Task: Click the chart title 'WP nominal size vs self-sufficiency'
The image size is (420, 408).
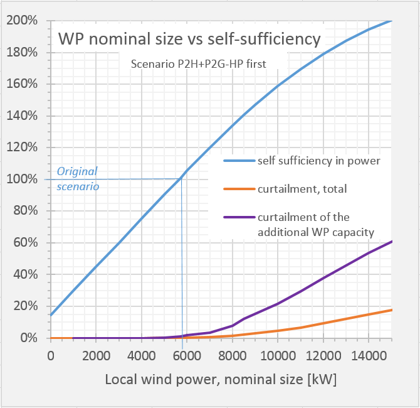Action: point(189,39)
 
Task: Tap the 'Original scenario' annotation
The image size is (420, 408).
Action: point(78,179)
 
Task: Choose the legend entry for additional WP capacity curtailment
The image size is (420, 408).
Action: point(315,225)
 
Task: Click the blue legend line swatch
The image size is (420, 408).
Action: point(239,160)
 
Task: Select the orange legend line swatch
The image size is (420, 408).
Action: point(239,189)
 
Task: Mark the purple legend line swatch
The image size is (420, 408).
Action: point(239,218)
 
